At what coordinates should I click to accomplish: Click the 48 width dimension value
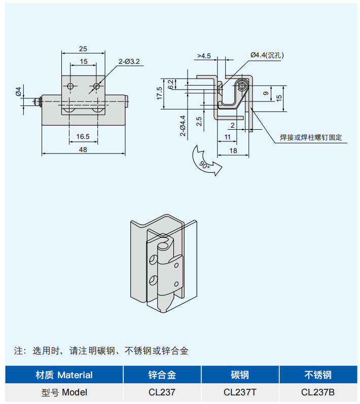83,150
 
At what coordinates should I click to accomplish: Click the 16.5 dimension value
83,136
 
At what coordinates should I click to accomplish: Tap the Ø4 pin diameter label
18,91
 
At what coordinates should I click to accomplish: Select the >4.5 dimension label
204,56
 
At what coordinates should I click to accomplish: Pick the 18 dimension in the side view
233,151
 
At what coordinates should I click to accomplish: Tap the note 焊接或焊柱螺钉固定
311,137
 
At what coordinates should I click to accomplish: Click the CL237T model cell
240,392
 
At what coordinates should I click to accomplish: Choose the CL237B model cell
318,392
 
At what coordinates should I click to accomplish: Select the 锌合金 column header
162,375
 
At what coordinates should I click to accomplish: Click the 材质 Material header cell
64,375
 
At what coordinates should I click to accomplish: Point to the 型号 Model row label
64,392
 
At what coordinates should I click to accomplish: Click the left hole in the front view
70,86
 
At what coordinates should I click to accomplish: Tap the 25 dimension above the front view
83,49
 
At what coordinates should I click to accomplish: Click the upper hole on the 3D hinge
152,261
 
